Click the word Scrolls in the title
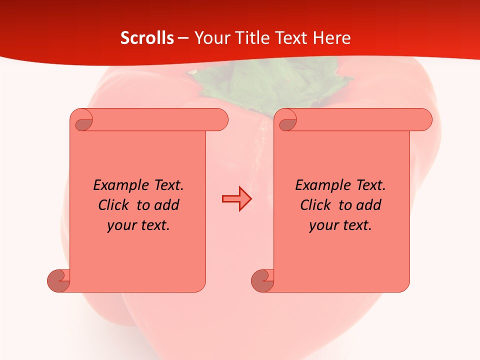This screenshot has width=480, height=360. (147, 38)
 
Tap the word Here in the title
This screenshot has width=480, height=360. (331, 38)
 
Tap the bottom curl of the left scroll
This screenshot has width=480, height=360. (58, 280)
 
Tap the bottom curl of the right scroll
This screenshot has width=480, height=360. (262, 280)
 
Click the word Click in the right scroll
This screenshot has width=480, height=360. (315, 205)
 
